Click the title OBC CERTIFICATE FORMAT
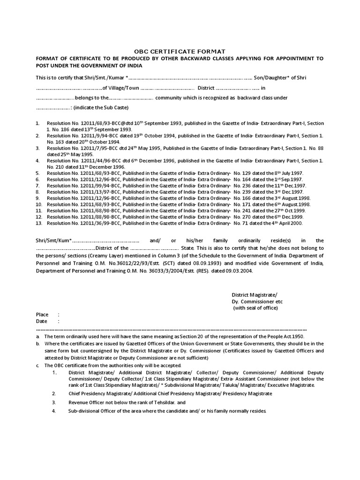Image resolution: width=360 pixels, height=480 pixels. (x=180, y=51)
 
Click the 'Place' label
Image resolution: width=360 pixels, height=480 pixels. (x=43, y=315)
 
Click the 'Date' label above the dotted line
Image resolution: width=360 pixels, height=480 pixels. (x=42, y=322)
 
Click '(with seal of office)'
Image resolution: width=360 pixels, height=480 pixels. (x=255, y=308)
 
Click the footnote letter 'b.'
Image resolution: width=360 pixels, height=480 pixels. (x=38, y=343)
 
